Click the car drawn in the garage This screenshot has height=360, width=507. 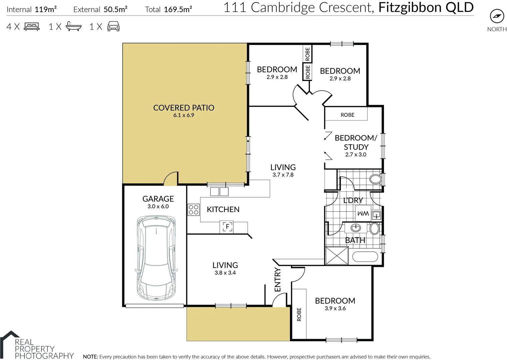[156, 258]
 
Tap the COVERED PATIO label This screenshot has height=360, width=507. [184, 108]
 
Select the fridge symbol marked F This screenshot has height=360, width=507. [227, 227]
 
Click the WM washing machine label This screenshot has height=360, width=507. [363, 214]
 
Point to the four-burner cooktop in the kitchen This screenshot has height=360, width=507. [193, 210]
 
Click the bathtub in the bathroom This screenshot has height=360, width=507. [365, 257]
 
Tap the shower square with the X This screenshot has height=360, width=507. [337, 256]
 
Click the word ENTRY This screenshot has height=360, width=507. [277, 280]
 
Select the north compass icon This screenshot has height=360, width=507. [497, 16]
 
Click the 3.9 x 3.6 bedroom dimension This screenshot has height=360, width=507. [335, 308]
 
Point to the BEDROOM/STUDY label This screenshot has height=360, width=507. [356, 142]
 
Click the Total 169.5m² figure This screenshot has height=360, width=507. [168, 9]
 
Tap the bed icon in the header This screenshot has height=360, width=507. [32, 27]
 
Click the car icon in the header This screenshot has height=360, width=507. [113, 26]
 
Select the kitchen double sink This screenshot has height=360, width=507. [219, 192]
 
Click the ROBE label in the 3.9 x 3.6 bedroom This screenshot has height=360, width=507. [299, 314]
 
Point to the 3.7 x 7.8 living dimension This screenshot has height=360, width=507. [283, 175]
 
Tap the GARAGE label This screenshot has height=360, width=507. [158, 199]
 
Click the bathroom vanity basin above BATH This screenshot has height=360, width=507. [356, 228]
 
